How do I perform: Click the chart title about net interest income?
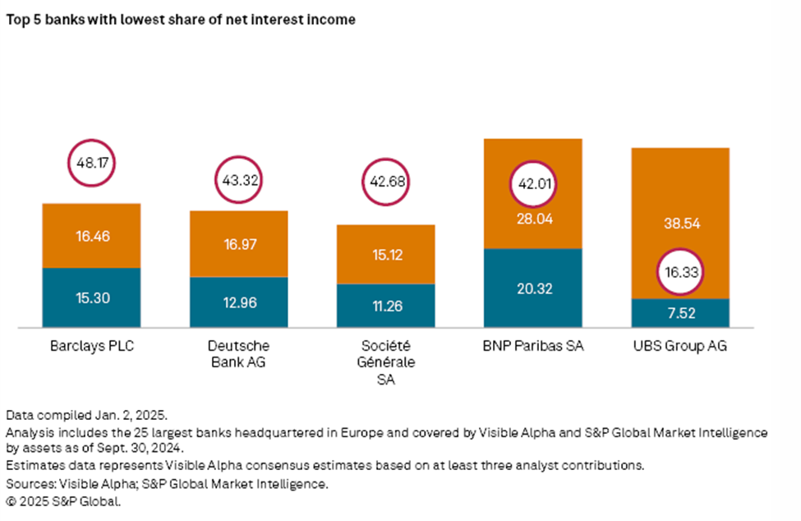click(x=181, y=20)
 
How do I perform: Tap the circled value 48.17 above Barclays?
click(x=90, y=164)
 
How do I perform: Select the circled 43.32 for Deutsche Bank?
click(x=238, y=179)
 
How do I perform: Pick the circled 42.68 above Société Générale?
click(x=385, y=181)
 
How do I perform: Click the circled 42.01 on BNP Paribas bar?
click(x=533, y=184)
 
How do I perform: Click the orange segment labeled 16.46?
click(x=90, y=236)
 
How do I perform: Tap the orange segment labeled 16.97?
click(x=238, y=245)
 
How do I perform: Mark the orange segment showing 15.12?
click(x=385, y=255)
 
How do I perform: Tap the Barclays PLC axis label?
click(x=90, y=346)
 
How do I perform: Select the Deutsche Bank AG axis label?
click(x=238, y=353)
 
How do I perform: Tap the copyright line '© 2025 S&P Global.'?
click(x=63, y=498)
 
